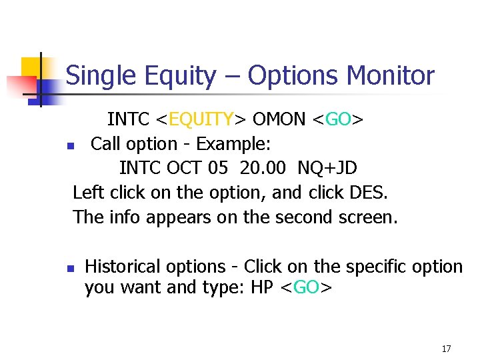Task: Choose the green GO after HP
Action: (x=306, y=289)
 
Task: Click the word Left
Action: (x=88, y=192)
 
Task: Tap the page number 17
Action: (x=446, y=349)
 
